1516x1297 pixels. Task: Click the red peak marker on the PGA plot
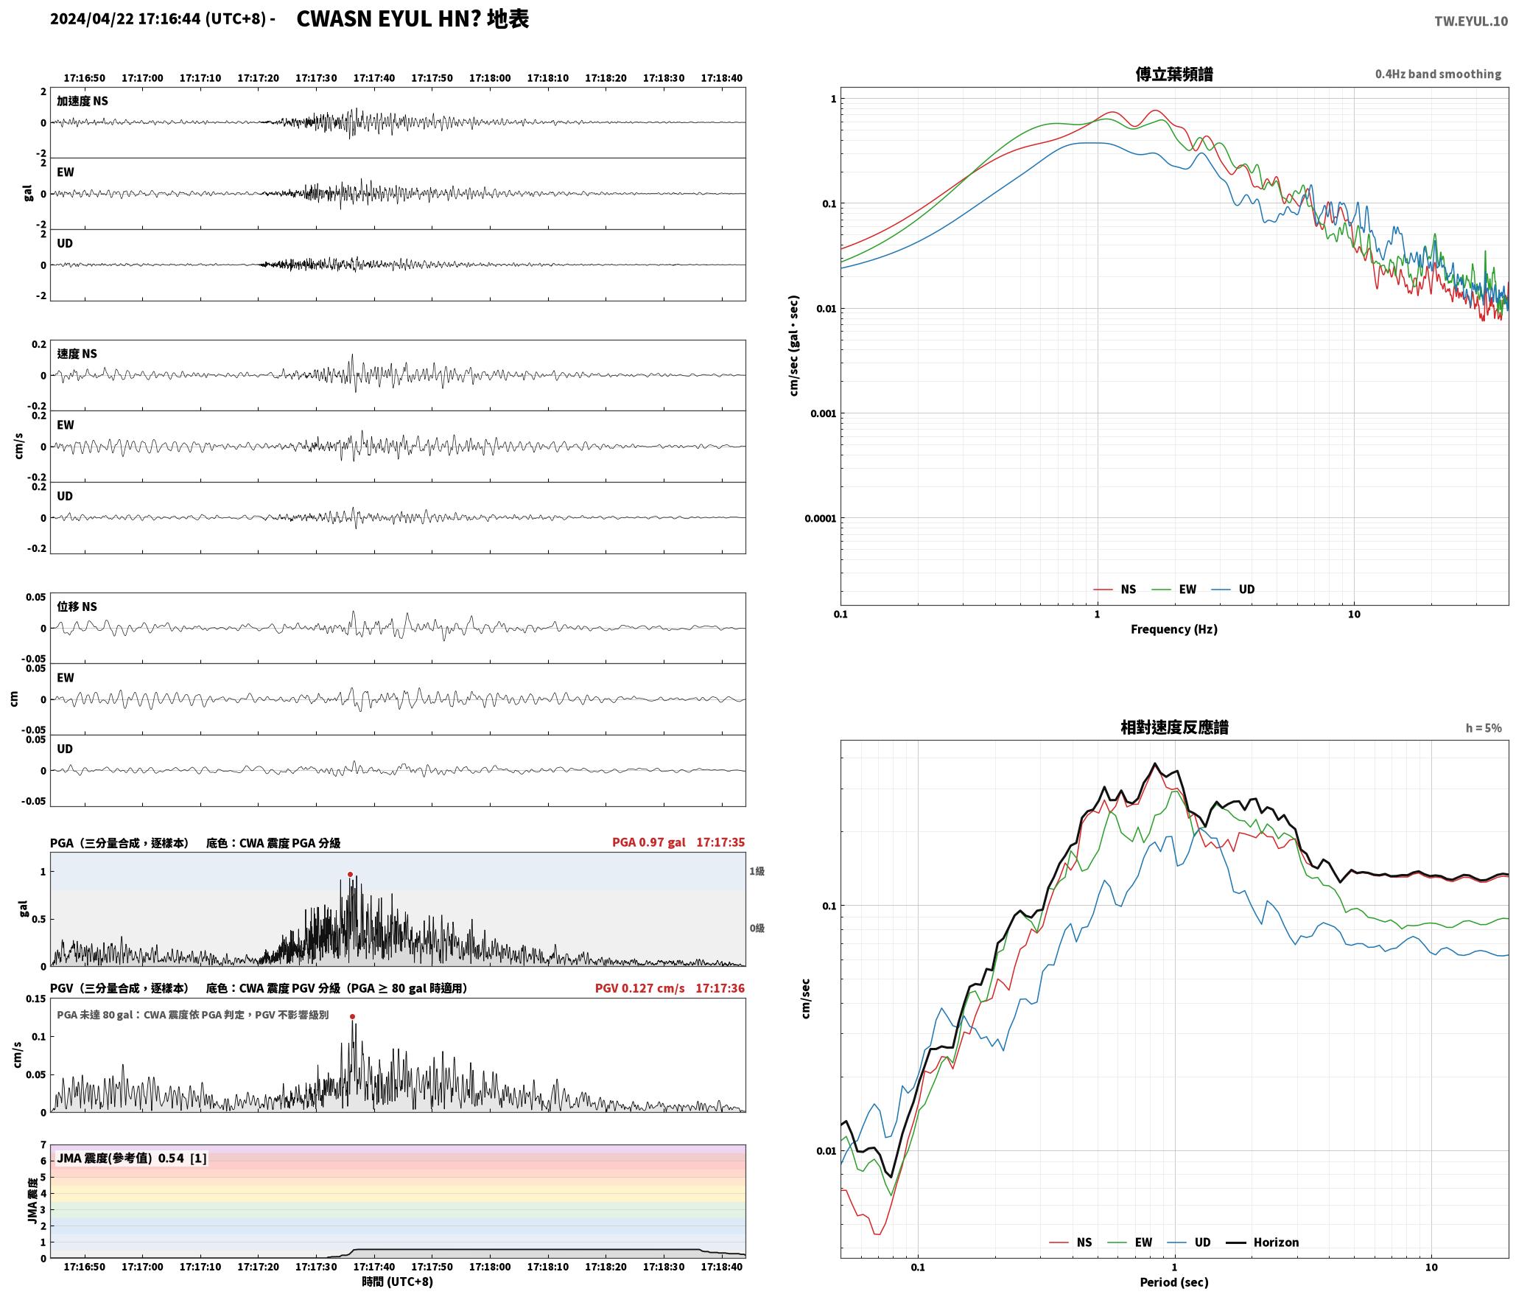point(350,875)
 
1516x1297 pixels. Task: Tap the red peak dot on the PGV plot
point(352,1016)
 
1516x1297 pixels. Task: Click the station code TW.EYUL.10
point(1470,21)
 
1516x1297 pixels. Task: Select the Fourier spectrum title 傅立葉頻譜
point(1174,74)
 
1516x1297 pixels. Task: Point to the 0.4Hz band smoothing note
point(1438,74)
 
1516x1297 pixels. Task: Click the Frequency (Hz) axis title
point(1174,629)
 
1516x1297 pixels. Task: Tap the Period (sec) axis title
point(1174,1282)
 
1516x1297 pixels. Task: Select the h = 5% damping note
point(1483,728)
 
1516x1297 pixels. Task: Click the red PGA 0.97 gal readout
point(648,842)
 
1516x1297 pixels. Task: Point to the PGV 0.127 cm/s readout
point(639,988)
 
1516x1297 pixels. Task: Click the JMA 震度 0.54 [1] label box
point(132,1158)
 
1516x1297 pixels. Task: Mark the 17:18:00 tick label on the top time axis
point(490,78)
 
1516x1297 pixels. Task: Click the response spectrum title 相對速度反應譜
point(1174,727)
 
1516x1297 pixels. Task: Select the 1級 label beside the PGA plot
point(757,871)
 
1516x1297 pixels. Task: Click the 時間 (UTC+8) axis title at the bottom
point(397,1282)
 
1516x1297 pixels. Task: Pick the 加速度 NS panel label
point(83,101)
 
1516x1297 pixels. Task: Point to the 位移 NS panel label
point(77,606)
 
